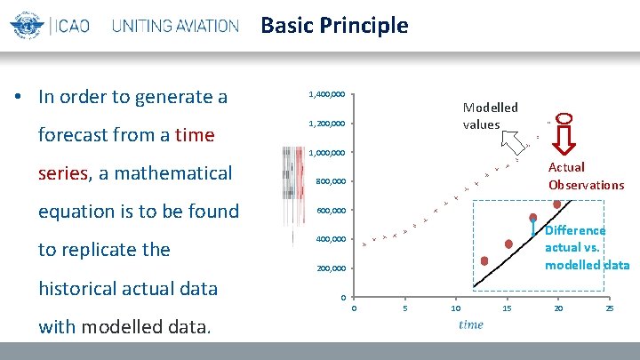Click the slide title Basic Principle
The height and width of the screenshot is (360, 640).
coord(334,25)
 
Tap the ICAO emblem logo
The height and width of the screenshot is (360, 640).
coord(27,26)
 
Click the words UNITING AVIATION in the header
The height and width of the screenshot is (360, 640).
coord(175,26)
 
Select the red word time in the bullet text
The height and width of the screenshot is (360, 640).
coord(195,134)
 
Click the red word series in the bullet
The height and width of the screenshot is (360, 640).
coord(62,172)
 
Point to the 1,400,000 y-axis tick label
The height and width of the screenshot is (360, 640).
coord(326,93)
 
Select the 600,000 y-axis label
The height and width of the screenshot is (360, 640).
coord(332,211)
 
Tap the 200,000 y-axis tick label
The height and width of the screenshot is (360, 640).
coord(332,268)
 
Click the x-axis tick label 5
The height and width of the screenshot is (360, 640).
coord(404,308)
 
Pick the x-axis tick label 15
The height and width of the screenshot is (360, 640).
coord(507,308)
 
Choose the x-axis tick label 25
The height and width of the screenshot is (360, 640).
coord(609,308)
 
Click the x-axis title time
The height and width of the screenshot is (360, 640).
coord(471,324)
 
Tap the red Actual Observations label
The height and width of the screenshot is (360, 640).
coord(586,176)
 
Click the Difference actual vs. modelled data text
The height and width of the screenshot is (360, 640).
coord(587,247)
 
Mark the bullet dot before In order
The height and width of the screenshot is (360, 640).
coord(19,97)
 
